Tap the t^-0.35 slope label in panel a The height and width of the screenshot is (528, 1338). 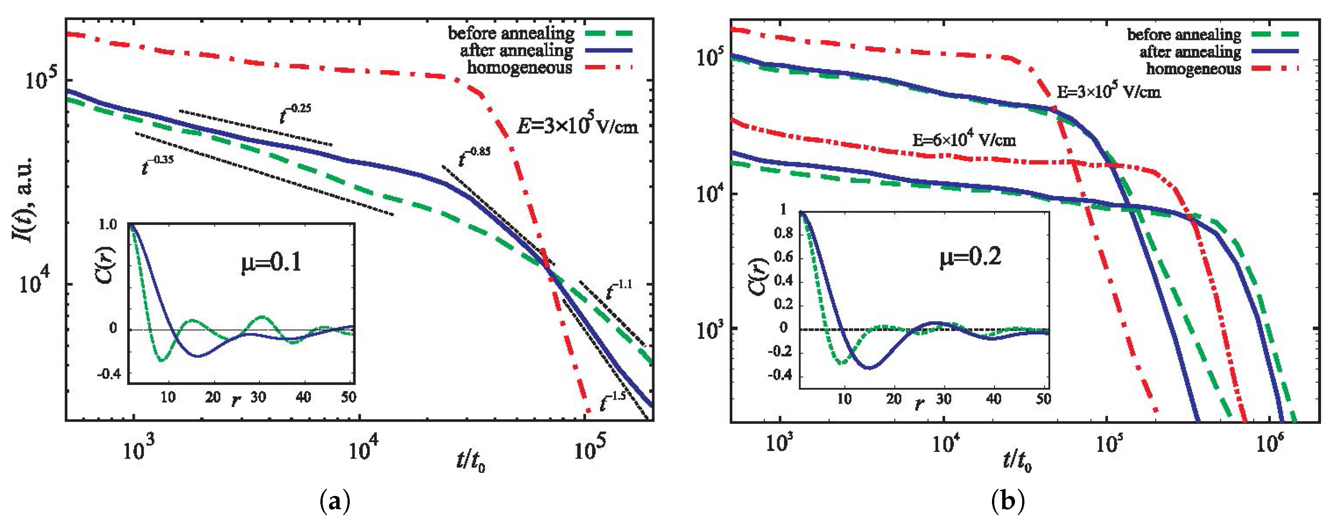[x=157, y=165]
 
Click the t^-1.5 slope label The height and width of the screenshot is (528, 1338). [x=612, y=401]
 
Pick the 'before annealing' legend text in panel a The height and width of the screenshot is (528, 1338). [x=511, y=33]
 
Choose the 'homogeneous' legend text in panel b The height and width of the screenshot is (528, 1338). [x=1193, y=69]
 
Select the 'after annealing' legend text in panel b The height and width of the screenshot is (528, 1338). [x=1190, y=51]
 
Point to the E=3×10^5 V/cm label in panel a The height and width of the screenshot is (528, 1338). [x=577, y=125]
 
